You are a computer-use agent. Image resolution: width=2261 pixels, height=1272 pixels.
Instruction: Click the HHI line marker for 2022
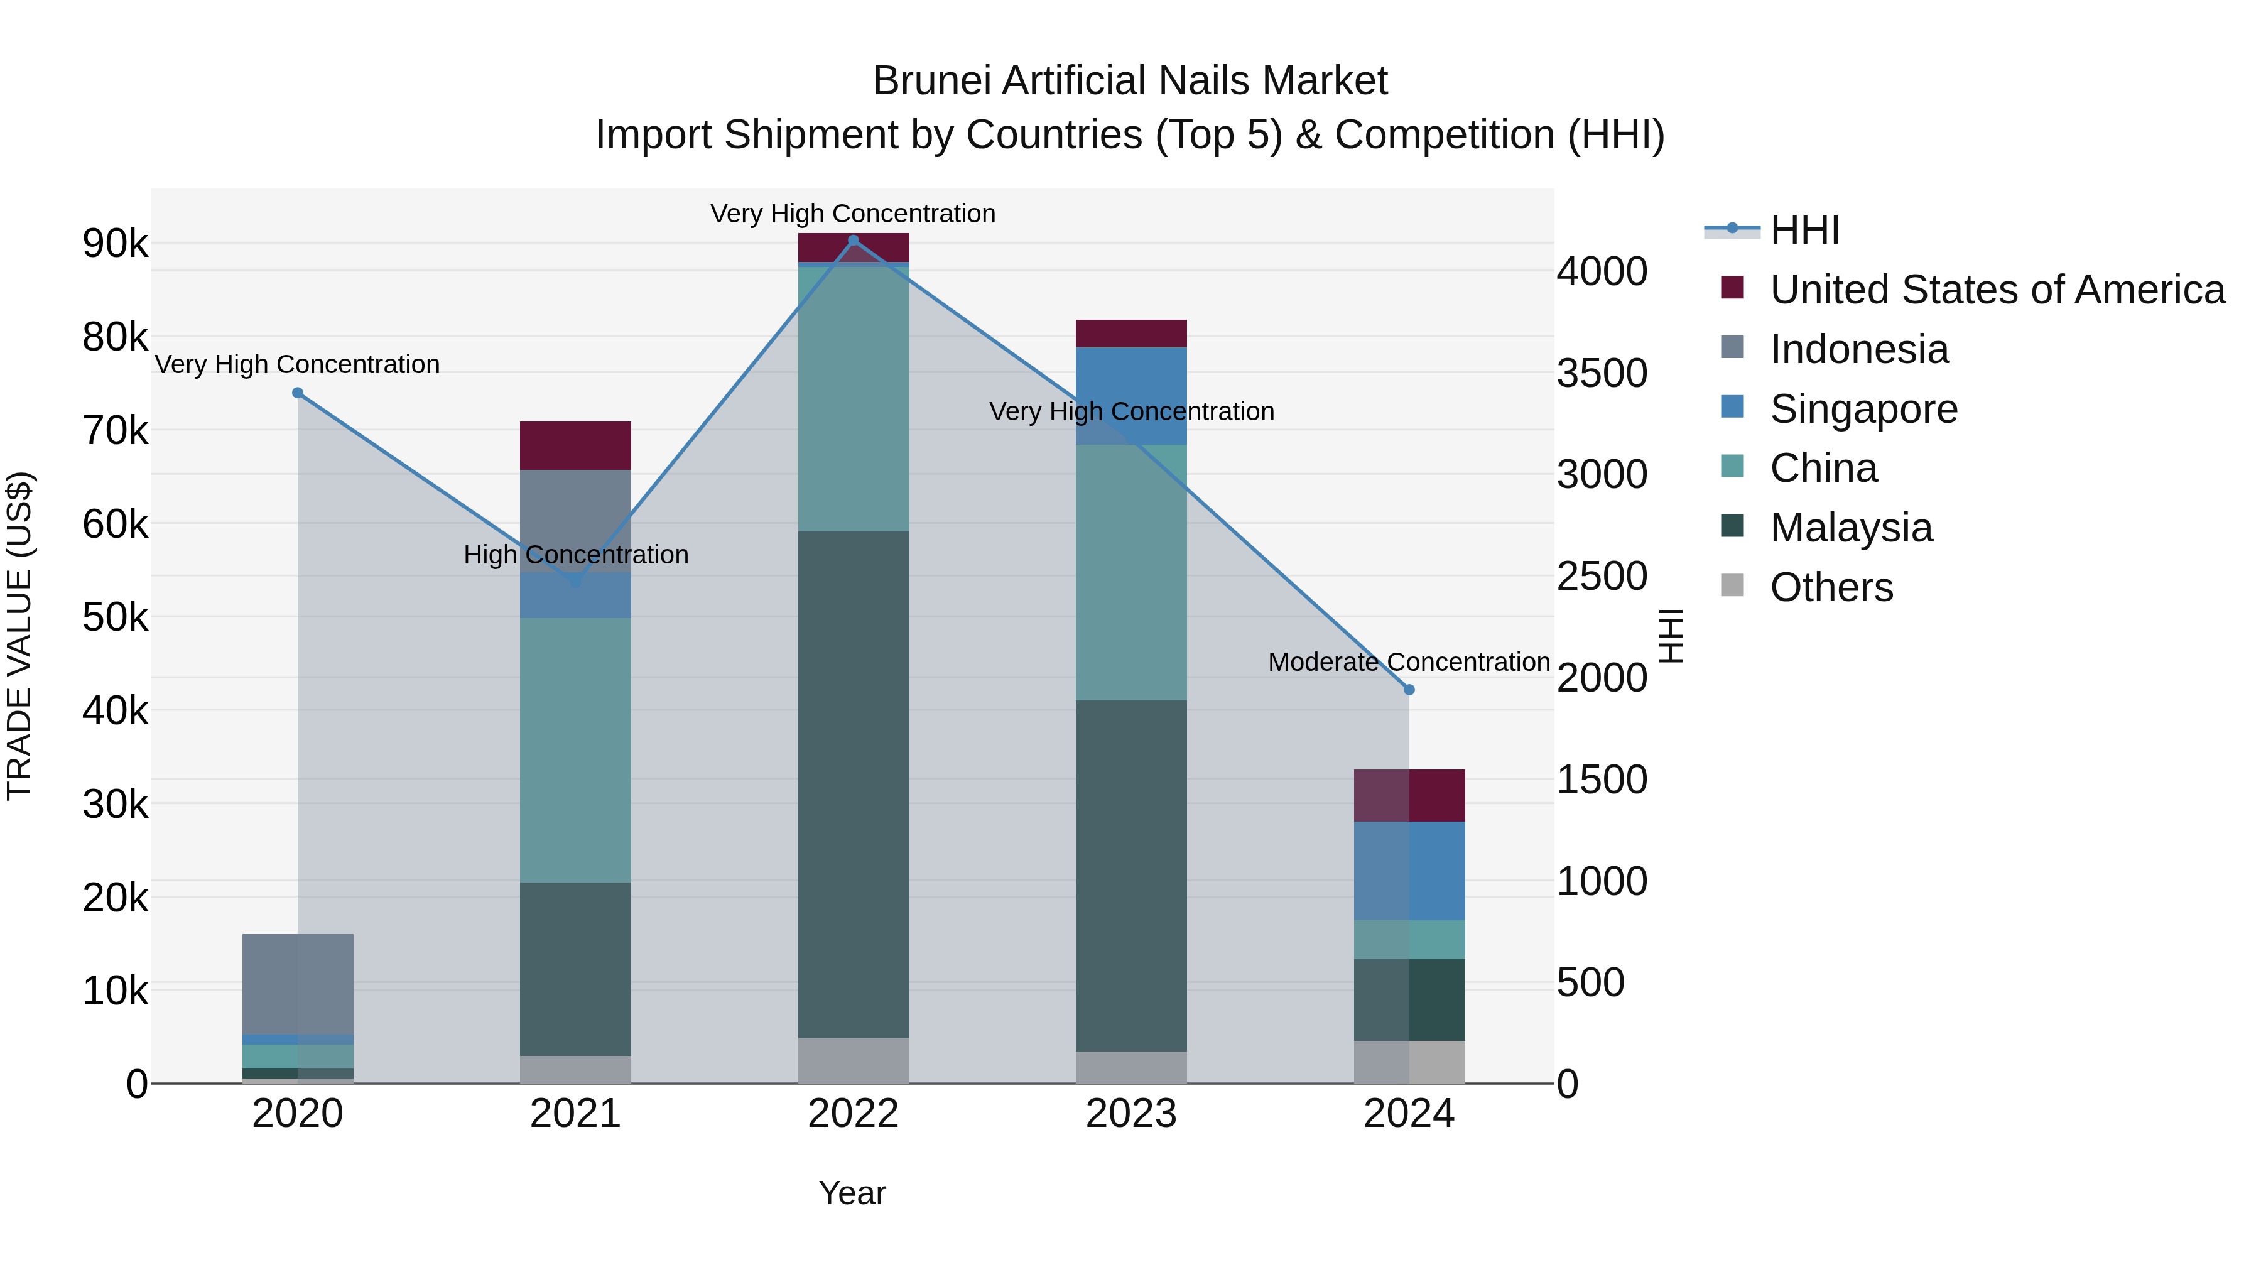click(x=853, y=241)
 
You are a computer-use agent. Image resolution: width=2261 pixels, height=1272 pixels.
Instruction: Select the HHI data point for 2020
click(x=298, y=393)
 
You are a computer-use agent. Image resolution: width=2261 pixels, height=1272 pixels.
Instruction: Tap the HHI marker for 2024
click(x=1409, y=690)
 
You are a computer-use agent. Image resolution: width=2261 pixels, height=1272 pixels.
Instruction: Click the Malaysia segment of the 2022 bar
click(x=853, y=784)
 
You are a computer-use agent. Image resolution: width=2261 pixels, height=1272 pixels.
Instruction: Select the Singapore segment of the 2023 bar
click(x=1130, y=395)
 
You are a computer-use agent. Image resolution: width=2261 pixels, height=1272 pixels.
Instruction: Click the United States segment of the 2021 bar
click(x=575, y=445)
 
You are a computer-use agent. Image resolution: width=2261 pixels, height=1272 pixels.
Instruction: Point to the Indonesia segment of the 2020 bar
click(x=298, y=983)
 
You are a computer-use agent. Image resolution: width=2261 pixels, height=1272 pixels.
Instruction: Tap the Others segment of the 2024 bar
click(x=1409, y=1062)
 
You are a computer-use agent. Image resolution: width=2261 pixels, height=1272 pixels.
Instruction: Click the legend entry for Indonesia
click(x=1858, y=349)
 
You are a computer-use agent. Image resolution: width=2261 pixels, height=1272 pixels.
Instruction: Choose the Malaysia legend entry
click(x=1850, y=528)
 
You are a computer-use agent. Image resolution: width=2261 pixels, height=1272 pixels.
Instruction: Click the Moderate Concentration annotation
click(x=1408, y=662)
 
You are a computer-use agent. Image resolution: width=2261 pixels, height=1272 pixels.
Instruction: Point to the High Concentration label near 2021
click(x=576, y=555)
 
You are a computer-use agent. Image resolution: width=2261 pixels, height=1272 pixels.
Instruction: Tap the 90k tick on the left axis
click(x=115, y=244)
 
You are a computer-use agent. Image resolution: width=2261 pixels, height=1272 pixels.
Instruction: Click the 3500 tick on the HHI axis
click(x=1602, y=373)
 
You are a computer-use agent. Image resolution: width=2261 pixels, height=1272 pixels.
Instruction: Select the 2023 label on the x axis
click(x=1130, y=1114)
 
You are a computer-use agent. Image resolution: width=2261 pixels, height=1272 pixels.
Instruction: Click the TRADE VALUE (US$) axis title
click(x=19, y=636)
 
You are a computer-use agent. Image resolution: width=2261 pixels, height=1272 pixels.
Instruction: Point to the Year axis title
click(x=852, y=1193)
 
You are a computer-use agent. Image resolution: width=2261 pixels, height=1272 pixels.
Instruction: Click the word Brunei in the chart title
click(x=931, y=81)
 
